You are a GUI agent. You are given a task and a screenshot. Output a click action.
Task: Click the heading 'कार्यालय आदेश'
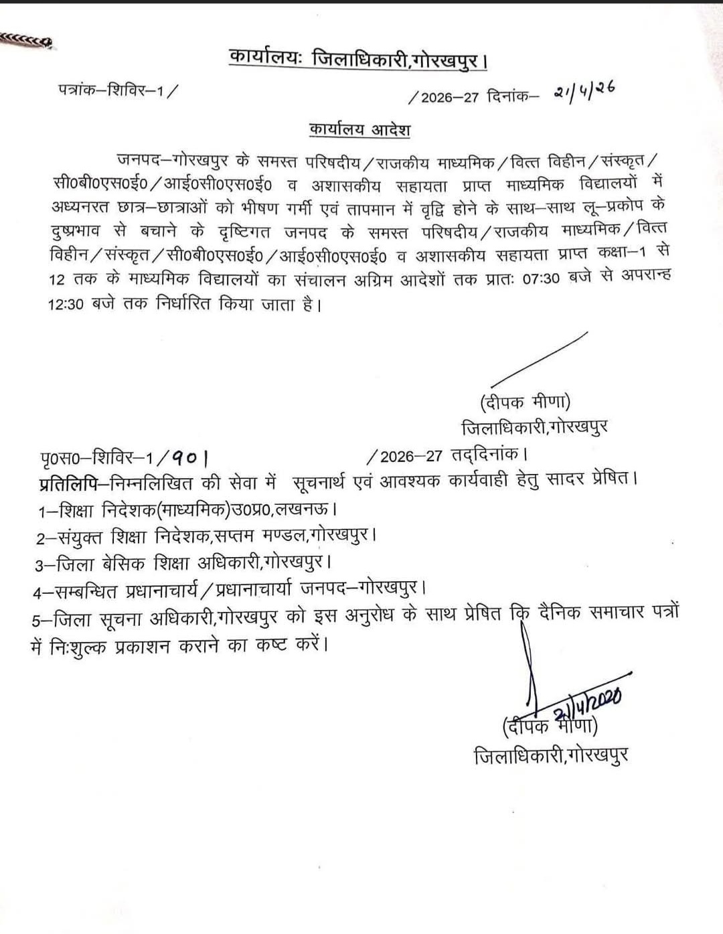point(359,129)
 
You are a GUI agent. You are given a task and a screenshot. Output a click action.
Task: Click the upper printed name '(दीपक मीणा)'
point(525,402)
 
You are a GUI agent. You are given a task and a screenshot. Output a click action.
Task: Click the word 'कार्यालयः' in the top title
point(266,58)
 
